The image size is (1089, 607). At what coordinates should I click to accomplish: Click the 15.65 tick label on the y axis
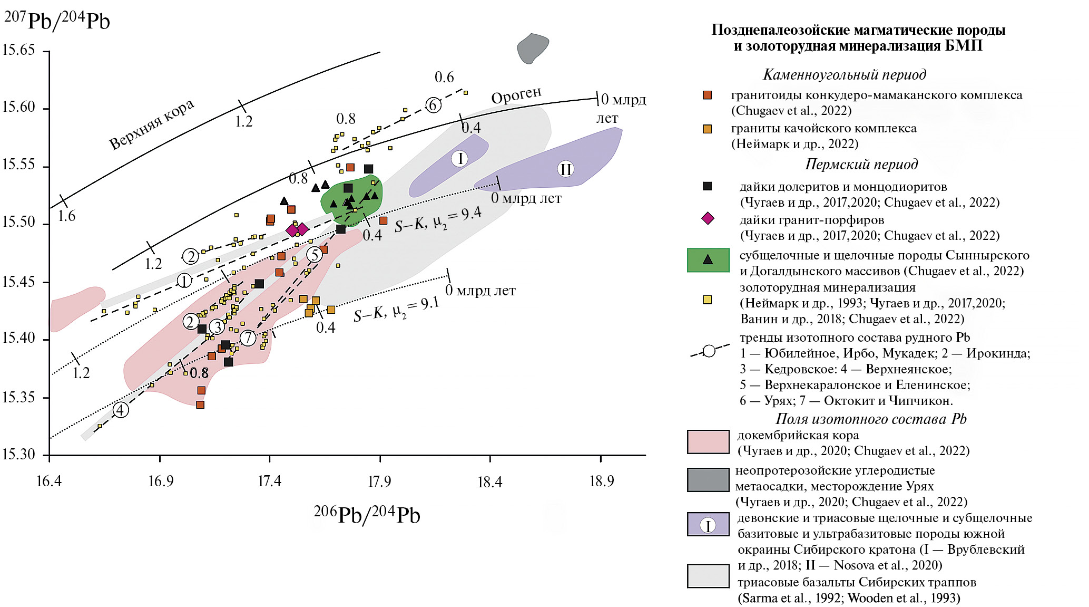(x=18, y=51)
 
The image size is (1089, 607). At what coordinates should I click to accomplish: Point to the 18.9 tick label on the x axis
(x=601, y=481)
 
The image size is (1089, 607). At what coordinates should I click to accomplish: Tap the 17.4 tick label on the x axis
(x=270, y=481)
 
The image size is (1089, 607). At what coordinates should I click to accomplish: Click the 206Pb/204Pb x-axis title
(x=367, y=515)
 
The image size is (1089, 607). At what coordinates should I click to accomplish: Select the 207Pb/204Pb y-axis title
(x=57, y=21)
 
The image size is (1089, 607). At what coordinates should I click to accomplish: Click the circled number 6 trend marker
(x=433, y=105)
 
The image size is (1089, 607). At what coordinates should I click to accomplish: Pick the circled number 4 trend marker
(x=121, y=410)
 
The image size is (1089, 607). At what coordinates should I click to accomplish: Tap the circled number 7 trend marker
(x=248, y=338)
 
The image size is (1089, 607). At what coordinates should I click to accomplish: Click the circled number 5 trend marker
(x=315, y=255)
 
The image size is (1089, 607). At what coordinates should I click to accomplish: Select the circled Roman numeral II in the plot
(x=565, y=169)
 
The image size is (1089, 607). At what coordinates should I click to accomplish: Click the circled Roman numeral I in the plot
(x=460, y=158)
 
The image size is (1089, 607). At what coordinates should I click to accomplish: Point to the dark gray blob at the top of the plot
(x=533, y=48)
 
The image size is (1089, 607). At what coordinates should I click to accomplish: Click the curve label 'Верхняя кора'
(x=152, y=124)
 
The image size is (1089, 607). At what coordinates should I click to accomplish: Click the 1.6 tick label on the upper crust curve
(x=66, y=216)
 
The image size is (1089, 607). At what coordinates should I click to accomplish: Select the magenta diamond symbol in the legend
(x=708, y=218)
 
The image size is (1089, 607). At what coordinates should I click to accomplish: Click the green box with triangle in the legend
(x=708, y=260)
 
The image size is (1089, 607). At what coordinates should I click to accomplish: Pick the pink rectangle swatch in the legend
(x=708, y=442)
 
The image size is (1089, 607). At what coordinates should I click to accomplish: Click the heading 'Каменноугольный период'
(x=845, y=74)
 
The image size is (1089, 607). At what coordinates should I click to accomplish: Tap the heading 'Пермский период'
(x=861, y=164)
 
